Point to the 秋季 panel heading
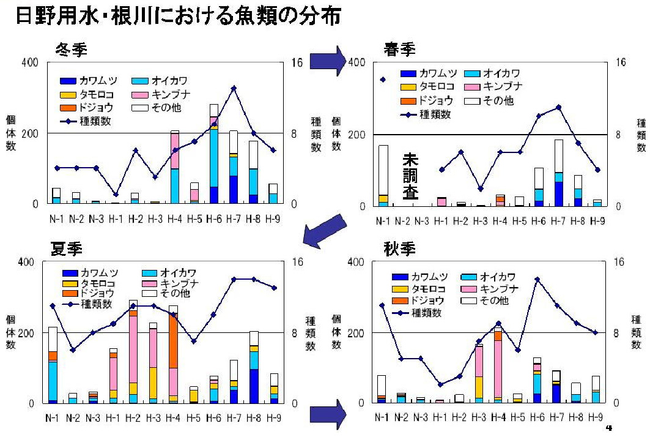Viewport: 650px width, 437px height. pos(400,249)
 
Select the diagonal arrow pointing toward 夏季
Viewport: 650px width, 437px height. pos(322,230)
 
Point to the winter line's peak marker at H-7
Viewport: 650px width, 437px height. pos(234,88)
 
